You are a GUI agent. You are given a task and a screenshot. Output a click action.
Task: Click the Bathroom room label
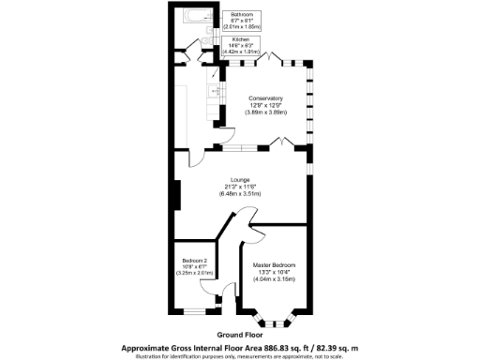tap(243, 14)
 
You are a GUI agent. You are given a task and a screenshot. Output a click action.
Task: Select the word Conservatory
tap(266, 98)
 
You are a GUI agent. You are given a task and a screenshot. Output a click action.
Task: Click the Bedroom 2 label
tap(192, 260)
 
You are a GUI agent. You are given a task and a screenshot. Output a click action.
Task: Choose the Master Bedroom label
tap(275, 265)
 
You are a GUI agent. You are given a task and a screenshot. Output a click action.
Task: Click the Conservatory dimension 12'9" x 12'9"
tap(266, 105)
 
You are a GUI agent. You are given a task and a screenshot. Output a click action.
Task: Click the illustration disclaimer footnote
tap(239, 354)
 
